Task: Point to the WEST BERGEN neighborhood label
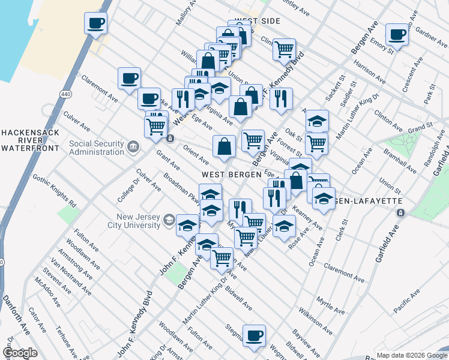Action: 231,174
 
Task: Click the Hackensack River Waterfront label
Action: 29,139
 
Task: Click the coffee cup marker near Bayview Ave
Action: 254,335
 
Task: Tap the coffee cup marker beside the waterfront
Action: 95,23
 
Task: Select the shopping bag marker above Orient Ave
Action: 224,146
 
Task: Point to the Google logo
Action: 20,353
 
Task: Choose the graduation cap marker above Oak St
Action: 317,121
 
